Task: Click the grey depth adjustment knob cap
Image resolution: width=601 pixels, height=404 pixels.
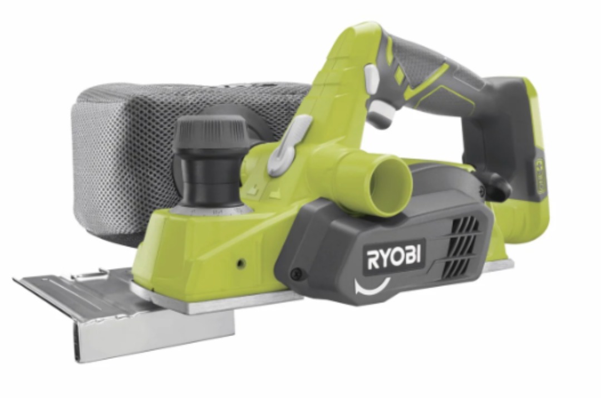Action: click(x=210, y=133)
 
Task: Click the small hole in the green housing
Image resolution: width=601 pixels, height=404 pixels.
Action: click(x=241, y=263)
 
